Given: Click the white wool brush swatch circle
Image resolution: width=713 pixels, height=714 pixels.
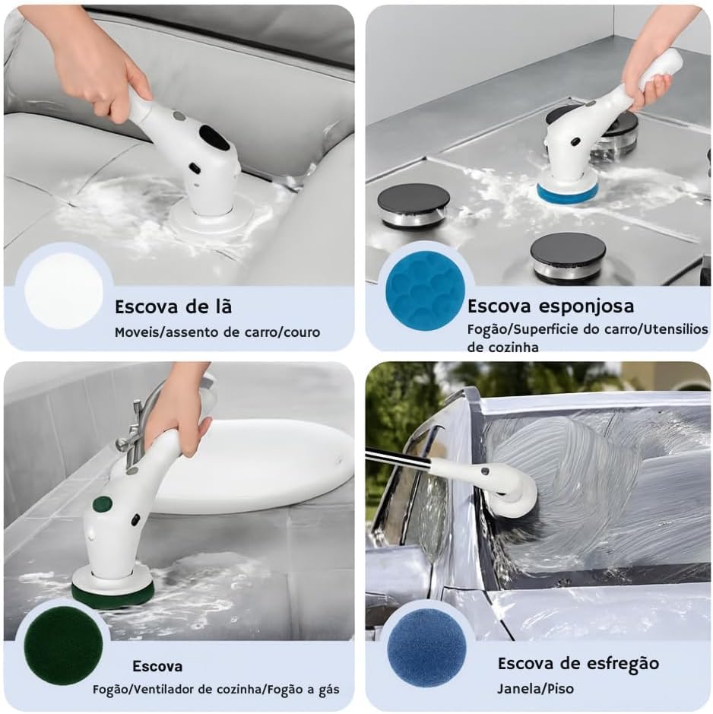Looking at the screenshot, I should pyautogui.click(x=63, y=290).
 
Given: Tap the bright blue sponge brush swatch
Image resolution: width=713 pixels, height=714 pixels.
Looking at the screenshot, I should pyautogui.click(x=425, y=290).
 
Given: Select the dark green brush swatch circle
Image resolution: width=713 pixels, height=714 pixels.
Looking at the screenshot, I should pyautogui.click(x=63, y=646).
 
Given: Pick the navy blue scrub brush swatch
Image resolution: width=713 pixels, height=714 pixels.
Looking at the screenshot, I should pyautogui.click(x=426, y=647).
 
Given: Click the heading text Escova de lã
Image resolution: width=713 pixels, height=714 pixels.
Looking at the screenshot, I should pyautogui.click(x=173, y=307).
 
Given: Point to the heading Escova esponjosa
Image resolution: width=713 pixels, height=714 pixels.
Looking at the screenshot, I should pyautogui.click(x=550, y=306).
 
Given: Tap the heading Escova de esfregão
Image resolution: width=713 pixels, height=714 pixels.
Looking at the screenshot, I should pyautogui.click(x=578, y=663).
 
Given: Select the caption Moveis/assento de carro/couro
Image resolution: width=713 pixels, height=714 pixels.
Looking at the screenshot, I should pyautogui.click(x=217, y=332).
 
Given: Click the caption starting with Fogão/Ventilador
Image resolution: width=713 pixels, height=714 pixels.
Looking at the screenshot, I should pyautogui.click(x=216, y=690).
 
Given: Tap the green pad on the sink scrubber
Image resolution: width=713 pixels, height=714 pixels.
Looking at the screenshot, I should pyautogui.click(x=113, y=595).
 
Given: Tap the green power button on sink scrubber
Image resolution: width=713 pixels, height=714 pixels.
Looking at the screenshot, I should pyautogui.click(x=102, y=504).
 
